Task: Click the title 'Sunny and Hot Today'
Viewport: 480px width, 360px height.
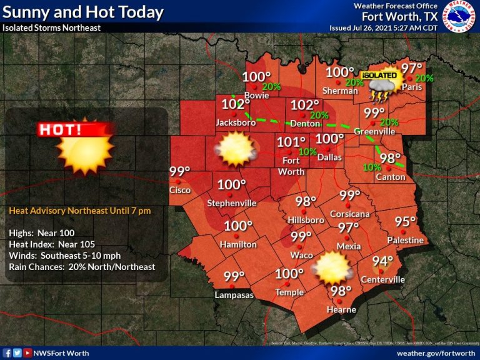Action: (83, 12)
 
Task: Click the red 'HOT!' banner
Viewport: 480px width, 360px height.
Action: (76, 130)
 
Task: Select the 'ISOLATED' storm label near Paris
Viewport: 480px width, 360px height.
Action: (379, 75)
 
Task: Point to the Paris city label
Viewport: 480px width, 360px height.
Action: (412, 87)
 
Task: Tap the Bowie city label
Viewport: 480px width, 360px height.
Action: (256, 96)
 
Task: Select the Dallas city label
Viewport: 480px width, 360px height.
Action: (329, 157)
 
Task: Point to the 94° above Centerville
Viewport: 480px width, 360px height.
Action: (382, 262)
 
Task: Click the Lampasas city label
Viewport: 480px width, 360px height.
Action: (234, 294)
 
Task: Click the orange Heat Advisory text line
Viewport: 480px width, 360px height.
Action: (79, 211)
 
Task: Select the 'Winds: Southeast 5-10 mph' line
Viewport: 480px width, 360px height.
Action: (64, 255)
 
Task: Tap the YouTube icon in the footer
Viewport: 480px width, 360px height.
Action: (27, 353)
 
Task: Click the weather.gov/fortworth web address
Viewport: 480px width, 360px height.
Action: (436, 353)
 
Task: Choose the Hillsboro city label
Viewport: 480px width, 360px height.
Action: (306, 220)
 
